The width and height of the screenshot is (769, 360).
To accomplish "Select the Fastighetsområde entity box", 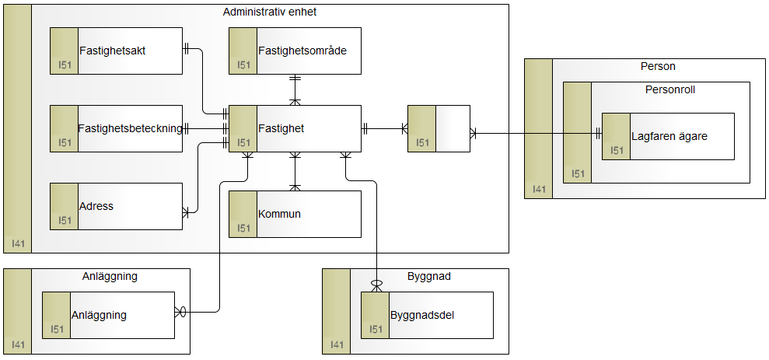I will [x=295, y=51].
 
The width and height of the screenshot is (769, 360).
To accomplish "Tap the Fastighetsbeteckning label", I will [x=130, y=128].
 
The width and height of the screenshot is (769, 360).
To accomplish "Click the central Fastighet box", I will [x=295, y=128].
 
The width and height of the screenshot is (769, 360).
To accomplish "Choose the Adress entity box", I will [x=116, y=206].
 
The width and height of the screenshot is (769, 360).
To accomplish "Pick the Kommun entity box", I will [x=295, y=214].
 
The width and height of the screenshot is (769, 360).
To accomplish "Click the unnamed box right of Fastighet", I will [x=439, y=128].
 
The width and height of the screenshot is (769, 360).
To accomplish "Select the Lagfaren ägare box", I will [x=669, y=136].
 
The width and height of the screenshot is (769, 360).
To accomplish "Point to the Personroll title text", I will [x=669, y=89].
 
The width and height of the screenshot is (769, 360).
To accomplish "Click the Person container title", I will [x=658, y=66].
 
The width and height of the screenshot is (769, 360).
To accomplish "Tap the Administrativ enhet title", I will [x=269, y=12].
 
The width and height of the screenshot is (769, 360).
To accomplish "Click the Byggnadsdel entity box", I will [x=427, y=315].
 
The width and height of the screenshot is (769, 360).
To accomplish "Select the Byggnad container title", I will [x=428, y=276].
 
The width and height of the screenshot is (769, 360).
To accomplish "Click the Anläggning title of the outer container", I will [x=110, y=276].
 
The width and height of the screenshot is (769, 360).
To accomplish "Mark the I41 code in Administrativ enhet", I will [x=18, y=244].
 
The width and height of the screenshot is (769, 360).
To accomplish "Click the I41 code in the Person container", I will [x=539, y=190].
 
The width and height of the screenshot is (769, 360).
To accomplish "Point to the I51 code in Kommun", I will [x=243, y=228].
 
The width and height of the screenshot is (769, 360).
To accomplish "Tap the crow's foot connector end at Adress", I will [x=187, y=211].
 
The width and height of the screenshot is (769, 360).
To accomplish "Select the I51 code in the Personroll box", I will [x=578, y=173].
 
